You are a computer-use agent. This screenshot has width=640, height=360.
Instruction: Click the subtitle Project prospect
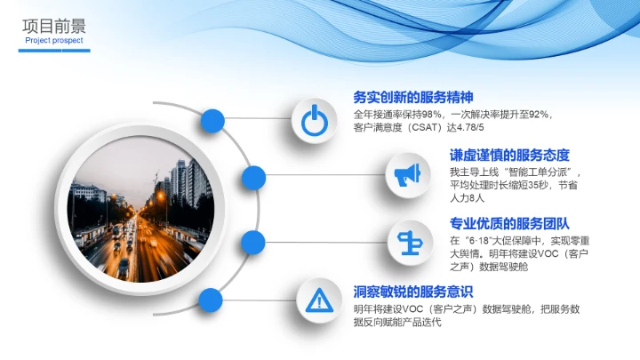click(54, 41)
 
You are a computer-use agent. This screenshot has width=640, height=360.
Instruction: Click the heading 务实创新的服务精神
click(413, 98)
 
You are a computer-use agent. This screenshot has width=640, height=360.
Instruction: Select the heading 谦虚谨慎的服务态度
click(509, 155)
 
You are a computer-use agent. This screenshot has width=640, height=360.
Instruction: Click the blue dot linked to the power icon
click(212, 120)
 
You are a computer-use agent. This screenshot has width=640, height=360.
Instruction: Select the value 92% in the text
click(540, 115)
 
